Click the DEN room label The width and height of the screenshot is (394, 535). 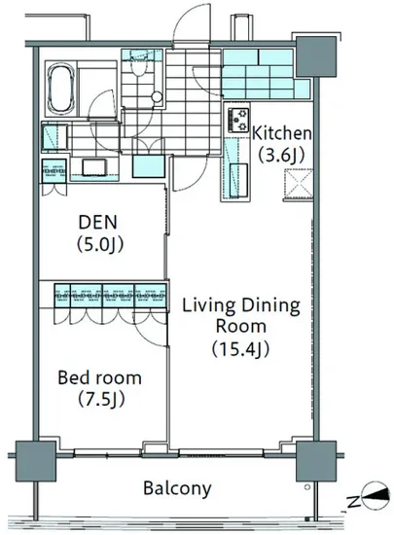(98, 222)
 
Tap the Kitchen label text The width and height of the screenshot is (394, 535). (282, 133)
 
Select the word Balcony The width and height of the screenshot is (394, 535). (177, 488)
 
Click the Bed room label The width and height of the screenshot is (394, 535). (99, 377)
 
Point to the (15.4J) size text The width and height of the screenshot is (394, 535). (241, 348)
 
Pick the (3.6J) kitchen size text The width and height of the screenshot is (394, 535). (281, 156)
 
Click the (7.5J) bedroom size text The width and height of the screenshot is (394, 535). (101, 399)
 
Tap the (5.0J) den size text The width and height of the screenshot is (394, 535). (100, 244)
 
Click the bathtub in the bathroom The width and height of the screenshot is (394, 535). (61, 88)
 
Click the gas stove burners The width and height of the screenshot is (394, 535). (238, 120)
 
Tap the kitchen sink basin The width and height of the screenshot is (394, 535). (238, 180)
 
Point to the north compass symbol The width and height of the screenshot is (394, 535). (376, 495)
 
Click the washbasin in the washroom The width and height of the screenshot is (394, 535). (94, 167)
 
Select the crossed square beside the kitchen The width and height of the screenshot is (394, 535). (299, 183)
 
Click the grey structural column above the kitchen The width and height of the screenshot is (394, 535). (316, 56)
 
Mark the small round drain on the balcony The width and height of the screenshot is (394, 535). (307, 487)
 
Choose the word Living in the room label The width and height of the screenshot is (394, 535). (209, 305)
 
